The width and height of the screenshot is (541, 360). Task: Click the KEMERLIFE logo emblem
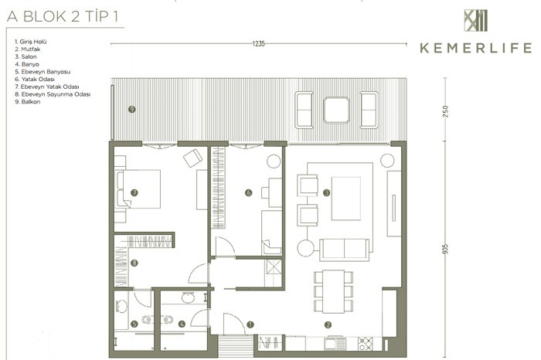[476, 20]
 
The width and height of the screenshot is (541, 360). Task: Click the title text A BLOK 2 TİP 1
[63, 16]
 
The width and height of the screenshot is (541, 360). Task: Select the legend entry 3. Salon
[26, 56]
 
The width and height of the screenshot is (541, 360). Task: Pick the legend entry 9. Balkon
[27, 102]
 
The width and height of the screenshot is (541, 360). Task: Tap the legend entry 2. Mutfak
[27, 49]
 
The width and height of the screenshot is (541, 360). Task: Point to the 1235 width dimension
[258, 43]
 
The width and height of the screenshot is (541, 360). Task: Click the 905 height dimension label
[445, 249]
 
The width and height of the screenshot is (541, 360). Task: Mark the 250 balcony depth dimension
[445, 111]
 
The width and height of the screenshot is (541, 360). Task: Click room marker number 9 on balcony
[131, 109]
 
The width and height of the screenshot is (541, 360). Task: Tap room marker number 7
[134, 192]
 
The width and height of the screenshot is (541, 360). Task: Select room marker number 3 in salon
[326, 192]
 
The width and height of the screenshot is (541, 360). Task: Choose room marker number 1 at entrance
[250, 324]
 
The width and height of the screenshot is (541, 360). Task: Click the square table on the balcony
[336, 110]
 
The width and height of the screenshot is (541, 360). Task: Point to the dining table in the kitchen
[333, 292]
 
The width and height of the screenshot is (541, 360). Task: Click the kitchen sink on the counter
[335, 344]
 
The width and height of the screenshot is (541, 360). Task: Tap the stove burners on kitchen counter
[366, 344]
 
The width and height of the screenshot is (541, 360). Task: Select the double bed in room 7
[138, 189]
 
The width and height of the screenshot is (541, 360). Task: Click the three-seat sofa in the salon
[345, 250]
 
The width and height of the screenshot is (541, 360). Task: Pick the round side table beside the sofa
[306, 248]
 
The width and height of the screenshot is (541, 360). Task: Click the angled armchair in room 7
[193, 158]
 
